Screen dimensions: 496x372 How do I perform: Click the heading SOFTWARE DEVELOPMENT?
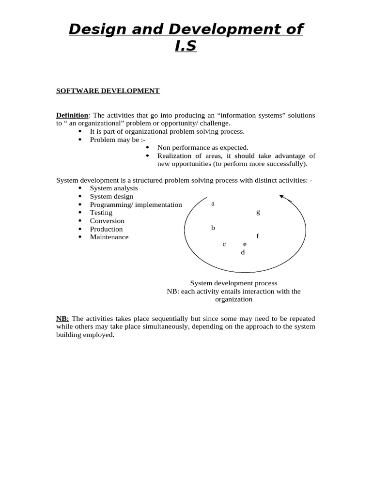[108, 91]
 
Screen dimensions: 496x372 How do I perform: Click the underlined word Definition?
[72, 115]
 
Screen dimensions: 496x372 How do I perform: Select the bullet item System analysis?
[114, 188]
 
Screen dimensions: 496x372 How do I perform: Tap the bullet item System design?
[111, 196]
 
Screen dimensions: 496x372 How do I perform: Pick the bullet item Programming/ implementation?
[136, 204]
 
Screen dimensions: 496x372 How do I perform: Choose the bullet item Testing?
[101, 213]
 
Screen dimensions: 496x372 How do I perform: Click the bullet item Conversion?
[107, 221]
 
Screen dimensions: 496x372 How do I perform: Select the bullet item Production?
[106, 229]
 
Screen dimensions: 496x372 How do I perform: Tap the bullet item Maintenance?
[109, 237]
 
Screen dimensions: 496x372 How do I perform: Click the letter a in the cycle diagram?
[213, 204]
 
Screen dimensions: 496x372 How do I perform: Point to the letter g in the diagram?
[258, 212]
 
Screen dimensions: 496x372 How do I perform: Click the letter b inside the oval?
[213, 228]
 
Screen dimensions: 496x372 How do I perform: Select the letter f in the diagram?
[258, 236]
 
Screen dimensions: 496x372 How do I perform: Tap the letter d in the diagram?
[243, 252]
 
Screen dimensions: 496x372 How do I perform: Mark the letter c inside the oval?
[224, 244]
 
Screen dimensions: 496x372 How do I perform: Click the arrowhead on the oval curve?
[282, 197]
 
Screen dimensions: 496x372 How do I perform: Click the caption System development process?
[233, 283]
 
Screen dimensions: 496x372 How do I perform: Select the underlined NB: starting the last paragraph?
[62, 319]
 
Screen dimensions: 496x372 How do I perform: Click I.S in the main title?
[186, 47]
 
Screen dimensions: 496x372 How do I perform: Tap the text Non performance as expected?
[202, 147]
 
